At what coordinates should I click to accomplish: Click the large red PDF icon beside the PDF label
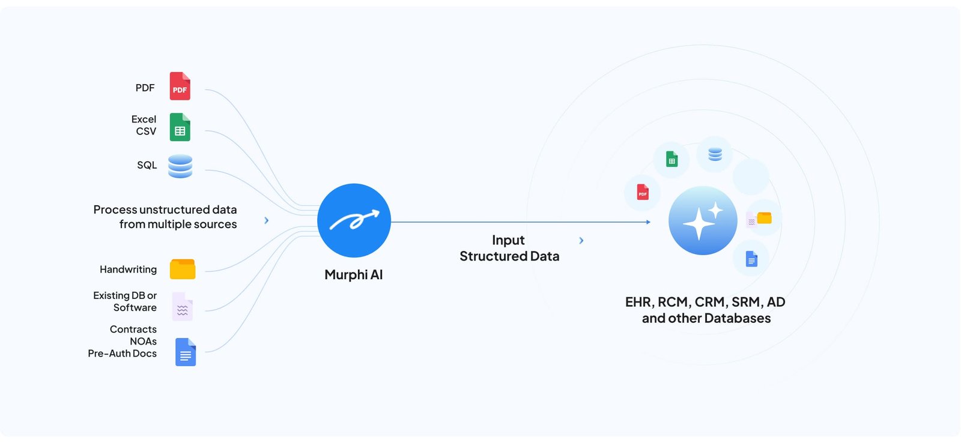click(180, 86)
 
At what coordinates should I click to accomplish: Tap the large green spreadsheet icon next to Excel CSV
click(180, 127)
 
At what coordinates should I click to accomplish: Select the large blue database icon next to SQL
click(180, 166)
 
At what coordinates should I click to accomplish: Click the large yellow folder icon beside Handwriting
click(183, 270)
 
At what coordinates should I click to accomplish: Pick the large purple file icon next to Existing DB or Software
click(182, 307)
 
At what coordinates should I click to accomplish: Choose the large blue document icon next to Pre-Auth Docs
click(186, 352)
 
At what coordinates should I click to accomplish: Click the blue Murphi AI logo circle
click(354, 220)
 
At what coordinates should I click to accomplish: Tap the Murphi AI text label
click(353, 275)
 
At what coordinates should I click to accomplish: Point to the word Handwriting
click(128, 270)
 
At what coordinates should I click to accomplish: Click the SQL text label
click(147, 165)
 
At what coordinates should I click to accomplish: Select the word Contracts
click(133, 330)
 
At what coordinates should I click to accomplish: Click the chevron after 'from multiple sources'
click(267, 220)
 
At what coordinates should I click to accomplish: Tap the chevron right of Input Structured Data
click(581, 241)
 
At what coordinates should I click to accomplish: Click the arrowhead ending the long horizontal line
click(648, 222)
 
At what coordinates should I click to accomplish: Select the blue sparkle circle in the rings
click(703, 220)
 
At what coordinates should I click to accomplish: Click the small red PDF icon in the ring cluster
click(643, 192)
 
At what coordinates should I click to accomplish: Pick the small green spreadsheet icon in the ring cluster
click(671, 159)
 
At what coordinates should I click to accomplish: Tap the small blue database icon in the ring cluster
click(715, 154)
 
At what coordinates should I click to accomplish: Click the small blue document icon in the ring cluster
click(751, 259)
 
